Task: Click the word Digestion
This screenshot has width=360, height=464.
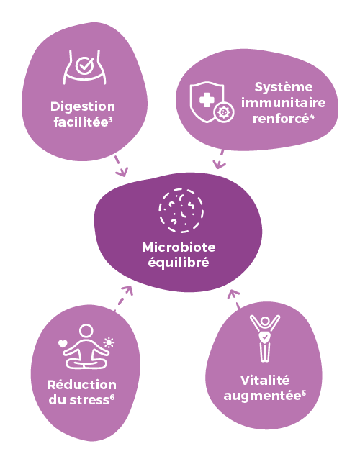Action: click(83, 107)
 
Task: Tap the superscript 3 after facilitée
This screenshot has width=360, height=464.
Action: click(110, 119)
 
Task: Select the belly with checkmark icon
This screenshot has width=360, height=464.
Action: click(84, 67)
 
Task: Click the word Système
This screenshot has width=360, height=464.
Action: click(284, 87)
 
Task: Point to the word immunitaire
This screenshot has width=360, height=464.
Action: click(284, 103)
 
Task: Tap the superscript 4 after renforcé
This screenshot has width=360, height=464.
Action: click(312, 116)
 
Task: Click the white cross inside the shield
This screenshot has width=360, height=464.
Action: click(207, 100)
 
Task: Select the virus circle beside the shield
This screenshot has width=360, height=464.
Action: click(224, 112)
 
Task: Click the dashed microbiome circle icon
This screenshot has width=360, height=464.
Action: click(181, 211)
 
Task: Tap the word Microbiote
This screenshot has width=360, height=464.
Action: click(179, 247)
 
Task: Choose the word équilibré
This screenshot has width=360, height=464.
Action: click(179, 263)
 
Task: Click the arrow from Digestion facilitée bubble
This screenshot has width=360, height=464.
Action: click(121, 165)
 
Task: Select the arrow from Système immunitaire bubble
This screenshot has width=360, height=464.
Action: click(220, 159)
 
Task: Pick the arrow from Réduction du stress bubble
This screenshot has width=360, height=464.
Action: click(124, 298)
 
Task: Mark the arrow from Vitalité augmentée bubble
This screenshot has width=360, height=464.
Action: click(235, 299)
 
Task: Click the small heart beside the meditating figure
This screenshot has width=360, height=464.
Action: click(63, 344)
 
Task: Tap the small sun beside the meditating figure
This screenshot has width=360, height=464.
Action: click(109, 342)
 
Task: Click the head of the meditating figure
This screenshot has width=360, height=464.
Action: click(86, 331)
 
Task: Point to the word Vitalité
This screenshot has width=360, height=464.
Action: click(265, 381)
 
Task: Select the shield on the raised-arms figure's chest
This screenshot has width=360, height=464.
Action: click(265, 337)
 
